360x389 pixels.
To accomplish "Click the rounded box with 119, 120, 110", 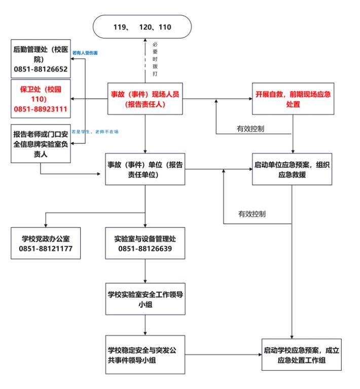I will (142, 27).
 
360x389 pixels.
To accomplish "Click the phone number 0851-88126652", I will (41, 69).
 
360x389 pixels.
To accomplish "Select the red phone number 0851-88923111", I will (41, 109).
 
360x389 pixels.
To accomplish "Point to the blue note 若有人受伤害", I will (85, 53).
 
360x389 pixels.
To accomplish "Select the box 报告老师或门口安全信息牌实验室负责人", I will (41, 144).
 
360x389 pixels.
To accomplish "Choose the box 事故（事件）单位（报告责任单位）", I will (146, 170).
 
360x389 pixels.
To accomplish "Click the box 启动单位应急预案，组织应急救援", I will (293, 170).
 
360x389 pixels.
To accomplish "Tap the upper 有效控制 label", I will (250, 129).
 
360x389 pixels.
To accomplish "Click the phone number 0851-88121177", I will (46, 249).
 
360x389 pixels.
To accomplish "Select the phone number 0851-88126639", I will (146, 249).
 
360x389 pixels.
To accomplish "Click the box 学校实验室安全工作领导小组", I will (146, 299).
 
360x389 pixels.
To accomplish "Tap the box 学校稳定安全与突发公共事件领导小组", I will (146, 355).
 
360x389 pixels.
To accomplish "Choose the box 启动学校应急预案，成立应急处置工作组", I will (301, 355).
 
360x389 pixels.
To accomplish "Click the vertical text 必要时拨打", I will (155, 59).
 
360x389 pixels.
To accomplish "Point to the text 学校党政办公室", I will (46, 239).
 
